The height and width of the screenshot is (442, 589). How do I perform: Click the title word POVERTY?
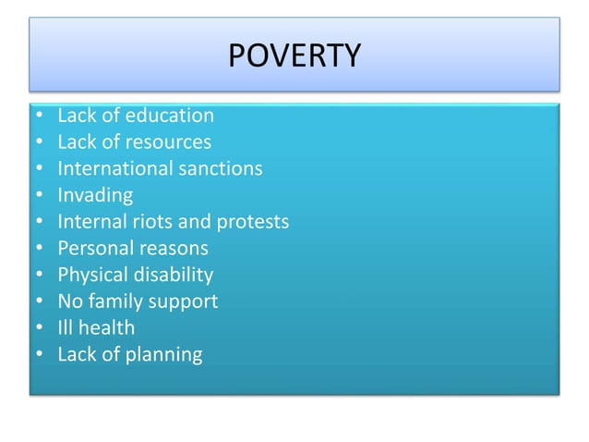pyautogui.click(x=294, y=56)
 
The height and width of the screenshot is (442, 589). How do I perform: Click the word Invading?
pyautogui.click(x=95, y=196)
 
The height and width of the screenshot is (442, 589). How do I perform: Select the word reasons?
pyautogui.click(x=173, y=249)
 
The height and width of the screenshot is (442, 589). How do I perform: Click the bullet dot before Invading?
pyautogui.click(x=38, y=196)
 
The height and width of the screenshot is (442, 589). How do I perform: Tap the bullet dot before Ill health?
pyautogui.click(x=38, y=328)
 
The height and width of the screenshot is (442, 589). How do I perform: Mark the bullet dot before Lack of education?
pyautogui.click(x=38, y=117)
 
